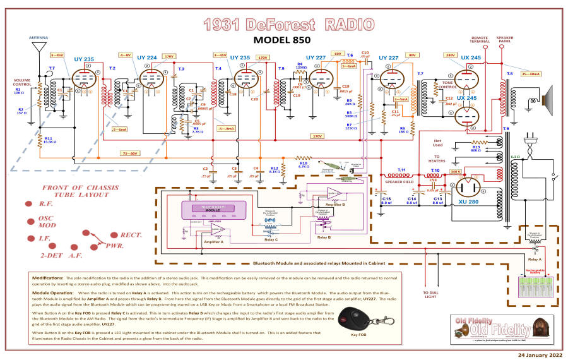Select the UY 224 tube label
(148, 57)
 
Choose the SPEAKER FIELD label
(401, 182)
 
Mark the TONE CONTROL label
(447, 85)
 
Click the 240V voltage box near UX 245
(451, 55)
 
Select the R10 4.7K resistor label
(304, 165)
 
